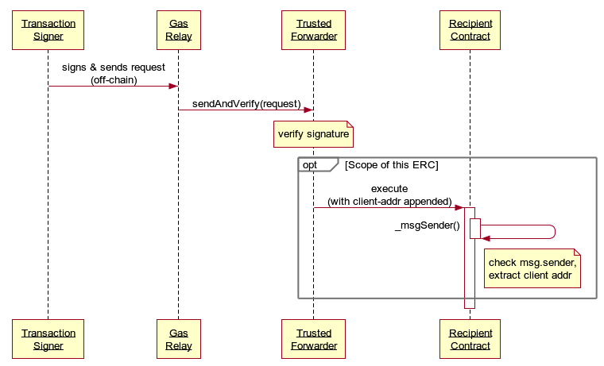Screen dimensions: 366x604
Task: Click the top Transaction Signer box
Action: pos(48,30)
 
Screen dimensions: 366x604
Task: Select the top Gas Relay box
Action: pos(178,30)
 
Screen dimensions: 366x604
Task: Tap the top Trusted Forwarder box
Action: pos(313,30)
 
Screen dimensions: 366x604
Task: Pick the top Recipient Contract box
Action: pos(470,30)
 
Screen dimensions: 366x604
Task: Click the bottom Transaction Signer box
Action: pos(48,339)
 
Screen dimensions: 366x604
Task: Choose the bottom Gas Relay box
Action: pos(178,339)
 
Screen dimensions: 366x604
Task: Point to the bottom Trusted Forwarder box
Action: pos(313,339)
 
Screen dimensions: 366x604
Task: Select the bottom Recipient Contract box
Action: pos(470,339)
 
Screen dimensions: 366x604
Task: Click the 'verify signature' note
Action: pos(313,134)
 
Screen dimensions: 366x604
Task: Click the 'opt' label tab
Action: pos(311,164)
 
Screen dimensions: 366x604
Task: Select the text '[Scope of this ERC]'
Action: pos(391,164)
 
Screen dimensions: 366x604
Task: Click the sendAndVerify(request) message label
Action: pos(246,103)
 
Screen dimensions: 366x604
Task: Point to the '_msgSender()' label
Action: pos(427,225)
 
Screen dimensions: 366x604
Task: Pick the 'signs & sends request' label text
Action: pos(114,67)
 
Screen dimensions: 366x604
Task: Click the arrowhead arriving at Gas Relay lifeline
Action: pos(172,86)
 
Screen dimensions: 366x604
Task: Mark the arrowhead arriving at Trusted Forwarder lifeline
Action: pos(308,110)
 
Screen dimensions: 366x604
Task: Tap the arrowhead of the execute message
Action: pos(459,208)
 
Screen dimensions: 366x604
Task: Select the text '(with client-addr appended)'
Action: pos(389,201)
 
